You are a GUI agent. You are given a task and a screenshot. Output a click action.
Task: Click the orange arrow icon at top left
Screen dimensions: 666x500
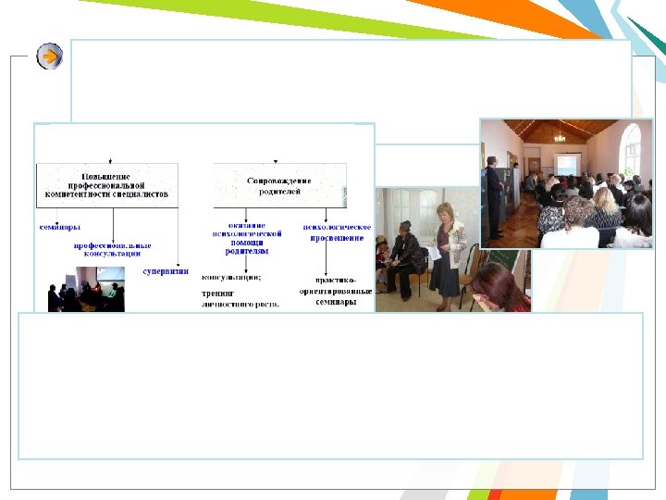(x=50, y=56)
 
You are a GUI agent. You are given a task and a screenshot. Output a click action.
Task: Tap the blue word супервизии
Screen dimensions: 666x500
(x=166, y=271)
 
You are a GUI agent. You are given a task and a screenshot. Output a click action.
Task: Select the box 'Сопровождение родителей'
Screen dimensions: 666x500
(x=279, y=184)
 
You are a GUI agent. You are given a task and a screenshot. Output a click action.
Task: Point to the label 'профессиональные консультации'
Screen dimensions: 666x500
(x=113, y=249)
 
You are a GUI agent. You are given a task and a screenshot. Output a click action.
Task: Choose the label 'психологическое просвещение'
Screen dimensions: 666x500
(x=338, y=231)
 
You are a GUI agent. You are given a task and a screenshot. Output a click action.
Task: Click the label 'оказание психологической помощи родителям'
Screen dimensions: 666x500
(x=247, y=237)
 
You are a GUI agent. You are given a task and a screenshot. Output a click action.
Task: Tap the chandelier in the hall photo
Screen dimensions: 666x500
(x=560, y=138)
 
